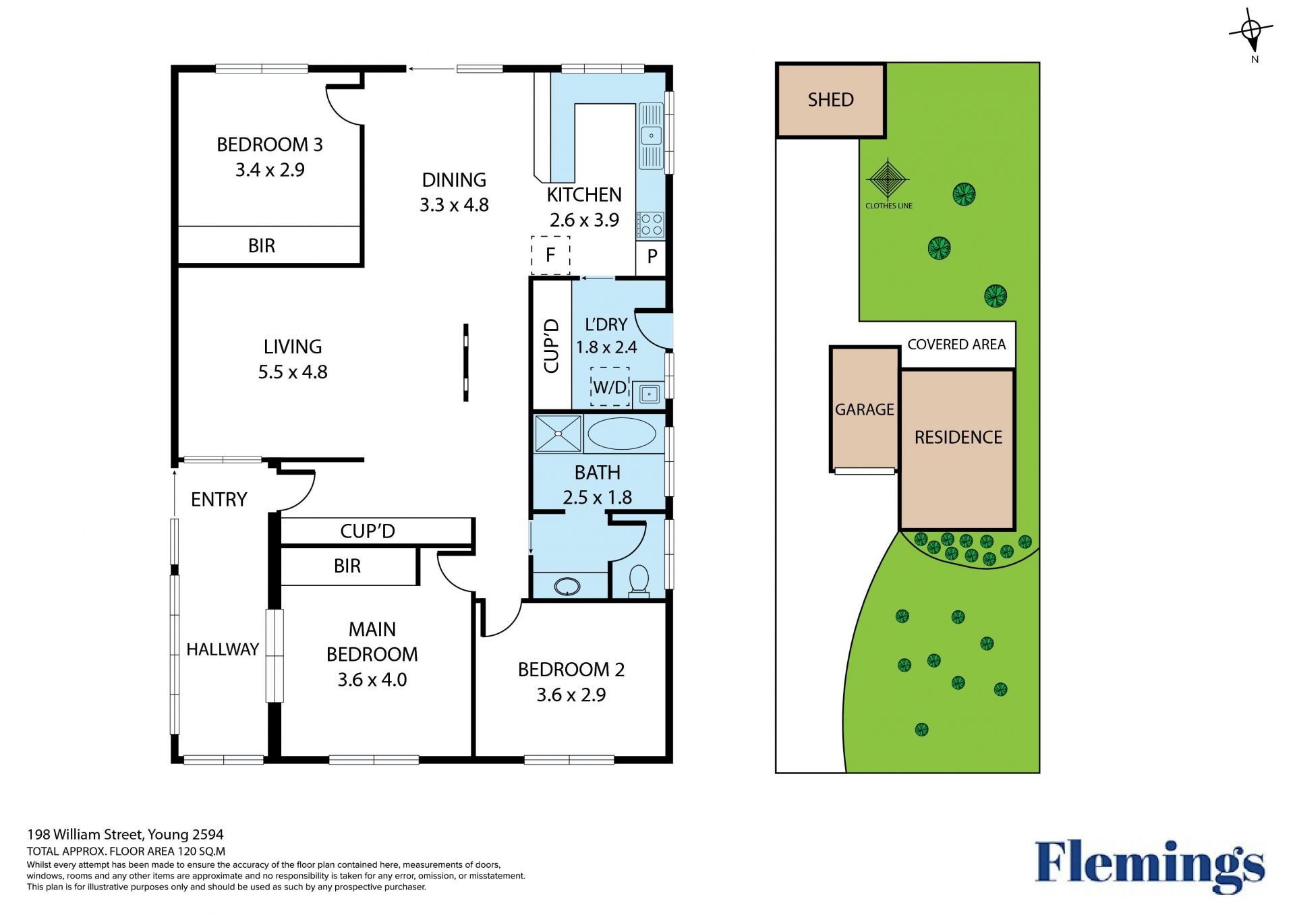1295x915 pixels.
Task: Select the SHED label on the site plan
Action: tap(831, 100)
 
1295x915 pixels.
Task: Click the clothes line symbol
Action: tap(888, 179)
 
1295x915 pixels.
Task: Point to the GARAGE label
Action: tap(865, 409)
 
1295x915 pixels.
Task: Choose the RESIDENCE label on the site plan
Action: tap(958, 438)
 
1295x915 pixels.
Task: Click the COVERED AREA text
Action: tap(956, 345)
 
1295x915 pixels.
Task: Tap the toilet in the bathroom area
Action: tap(638, 581)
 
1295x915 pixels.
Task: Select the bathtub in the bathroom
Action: tap(621, 434)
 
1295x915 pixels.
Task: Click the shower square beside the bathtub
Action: tap(558, 433)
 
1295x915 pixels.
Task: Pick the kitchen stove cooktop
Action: tap(651, 225)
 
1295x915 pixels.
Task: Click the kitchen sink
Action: tap(652, 136)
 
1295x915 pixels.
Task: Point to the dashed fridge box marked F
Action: tap(550, 255)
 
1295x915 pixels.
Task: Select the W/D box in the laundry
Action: tap(610, 387)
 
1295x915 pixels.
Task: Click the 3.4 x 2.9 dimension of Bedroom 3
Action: tap(270, 170)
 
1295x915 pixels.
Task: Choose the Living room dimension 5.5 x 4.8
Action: tap(293, 372)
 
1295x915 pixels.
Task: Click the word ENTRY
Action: tap(219, 500)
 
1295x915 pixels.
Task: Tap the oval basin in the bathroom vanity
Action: tap(567, 587)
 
